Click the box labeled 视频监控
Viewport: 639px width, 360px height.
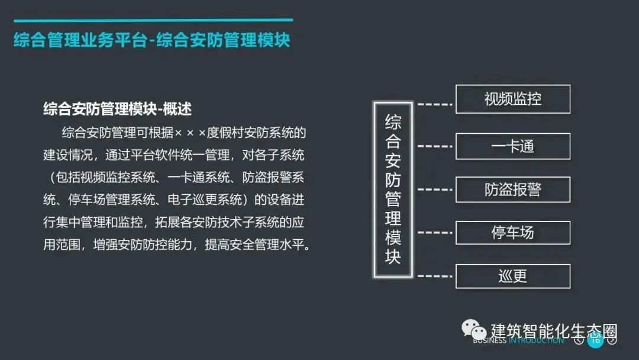pyautogui.click(x=512, y=99)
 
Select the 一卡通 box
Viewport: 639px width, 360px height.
pyautogui.click(x=512, y=146)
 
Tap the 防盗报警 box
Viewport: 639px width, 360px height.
pyautogui.click(x=512, y=189)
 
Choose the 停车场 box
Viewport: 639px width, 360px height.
pyautogui.click(x=512, y=233)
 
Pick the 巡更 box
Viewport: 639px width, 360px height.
pyautogui.click(x=512, y=276)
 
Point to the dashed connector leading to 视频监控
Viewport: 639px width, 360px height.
pyautogui.click(x=435, y=104)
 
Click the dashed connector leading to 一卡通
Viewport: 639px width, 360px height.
pyautogui.click(x=435, y=146)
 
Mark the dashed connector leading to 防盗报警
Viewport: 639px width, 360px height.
pyautogui.click(x=435, y=189)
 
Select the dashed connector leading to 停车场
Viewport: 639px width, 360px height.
pyautogui.click(x=435, y=233)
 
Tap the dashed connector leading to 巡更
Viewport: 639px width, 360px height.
pyautogui.click(x=435, y=276)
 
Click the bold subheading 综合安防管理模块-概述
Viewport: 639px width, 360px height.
pyautogui.click(x=117, y=109)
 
